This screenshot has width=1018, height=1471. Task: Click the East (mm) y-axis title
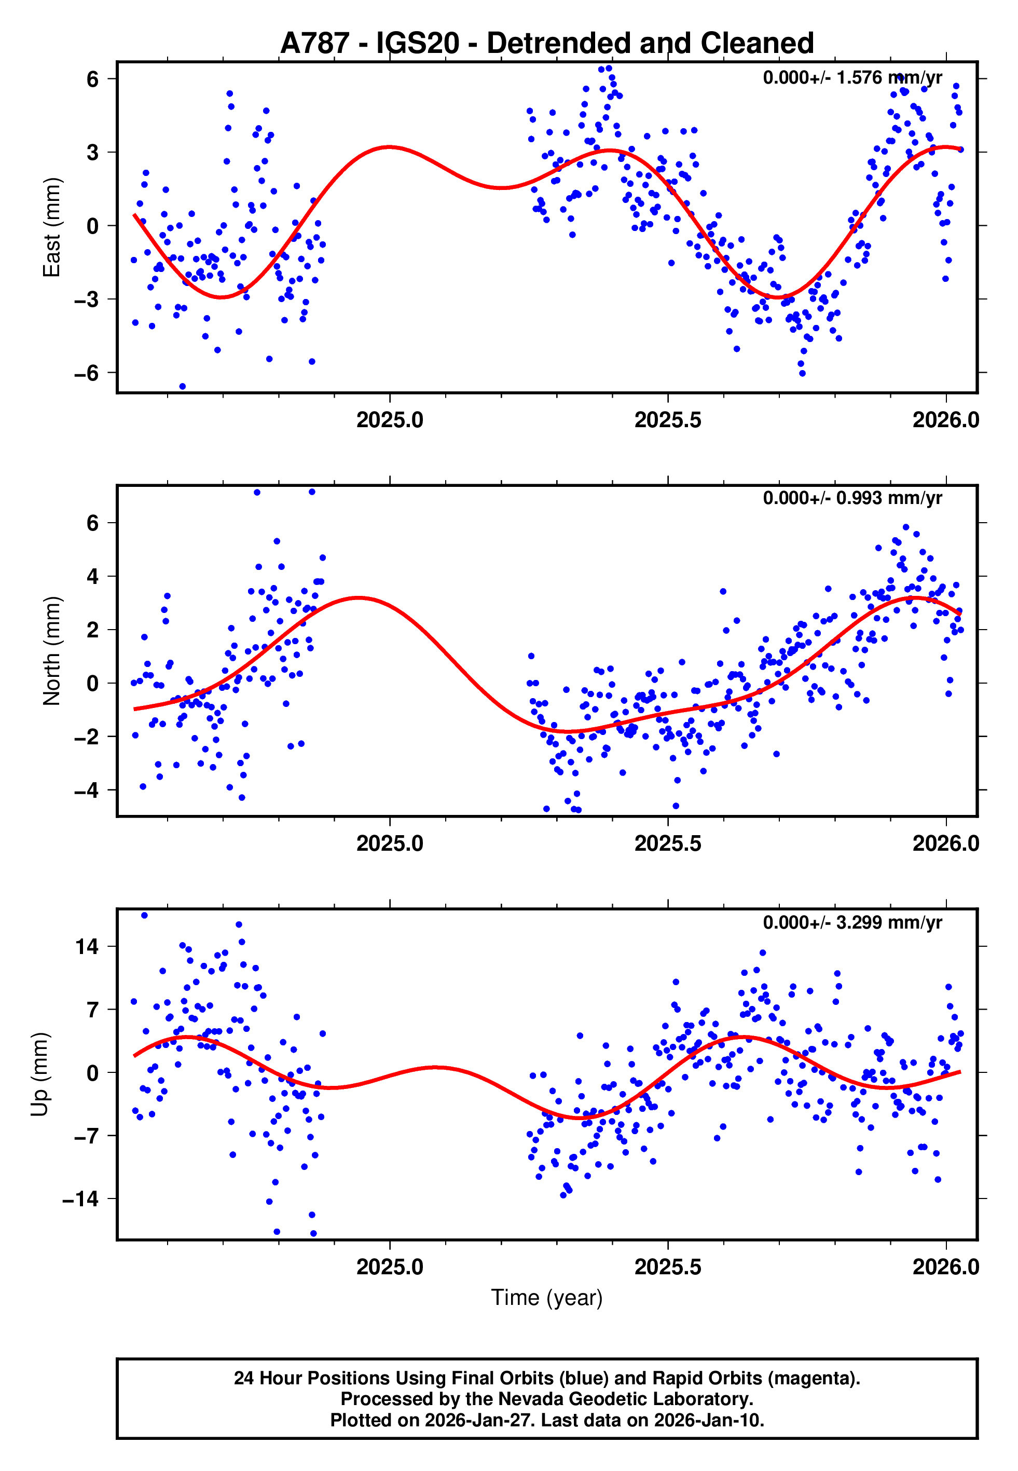click(x=52, y=227)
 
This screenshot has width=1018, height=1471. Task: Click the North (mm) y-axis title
click(x=52, y=651)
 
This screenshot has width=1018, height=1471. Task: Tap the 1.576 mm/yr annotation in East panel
click(x=851, y=78)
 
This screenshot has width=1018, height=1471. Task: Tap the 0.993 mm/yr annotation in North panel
click(x=851, y=498)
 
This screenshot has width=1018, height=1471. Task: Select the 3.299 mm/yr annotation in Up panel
click(x=851, y=922)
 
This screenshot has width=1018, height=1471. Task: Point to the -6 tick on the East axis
click(x=86, y=373)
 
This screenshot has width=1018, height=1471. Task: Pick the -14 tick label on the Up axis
click(x=80, y=1199)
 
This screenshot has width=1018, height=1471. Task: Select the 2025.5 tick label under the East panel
click(x=667, y=420)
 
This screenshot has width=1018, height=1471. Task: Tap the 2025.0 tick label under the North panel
click(x=389, y=843)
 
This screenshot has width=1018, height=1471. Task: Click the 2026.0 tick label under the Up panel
click(x=945, y=1267)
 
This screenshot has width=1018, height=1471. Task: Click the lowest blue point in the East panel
click(x=183, y=387)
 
